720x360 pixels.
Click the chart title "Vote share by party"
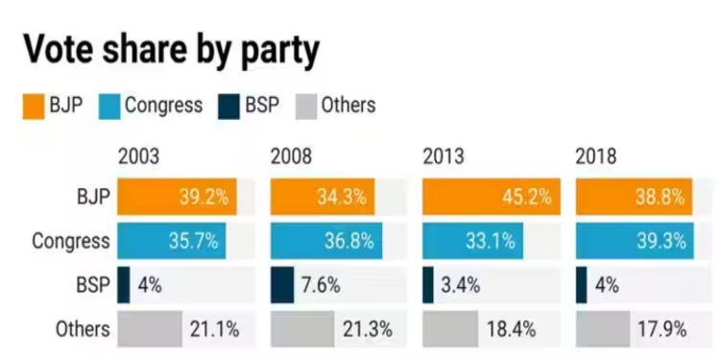[x=170, y=50]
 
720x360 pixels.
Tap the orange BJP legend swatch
[x=35, y=105]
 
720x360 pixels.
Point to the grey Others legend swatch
[x=307, y=105]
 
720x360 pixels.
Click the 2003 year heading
[x=138, y=156]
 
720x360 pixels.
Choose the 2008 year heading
[x=291, y=156]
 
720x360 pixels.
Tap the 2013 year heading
[x=444, y=156]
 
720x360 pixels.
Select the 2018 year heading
[x=596, y=156]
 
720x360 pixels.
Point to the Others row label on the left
[x=84, y=329]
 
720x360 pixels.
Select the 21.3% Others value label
[x=367, y=329]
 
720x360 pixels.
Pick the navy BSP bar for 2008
[x=281, y=285]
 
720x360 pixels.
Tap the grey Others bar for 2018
[x=602, y=329]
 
